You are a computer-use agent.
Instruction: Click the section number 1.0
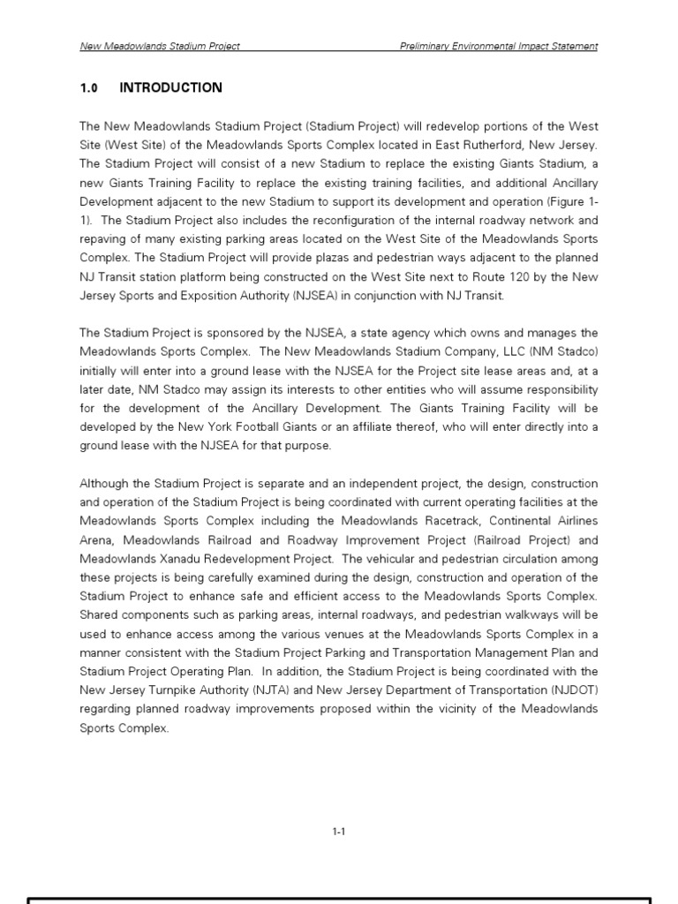[x=88, y=87]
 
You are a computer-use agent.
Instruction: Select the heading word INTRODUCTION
[x=170, y=87]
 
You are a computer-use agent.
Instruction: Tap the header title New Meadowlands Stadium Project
[x=160, y=46]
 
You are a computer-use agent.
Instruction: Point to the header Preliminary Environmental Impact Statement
[x=498, y=46]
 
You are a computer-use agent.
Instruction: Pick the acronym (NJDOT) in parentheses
[x=575, y=690]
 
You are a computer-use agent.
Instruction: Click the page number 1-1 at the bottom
[x=338, y=831]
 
